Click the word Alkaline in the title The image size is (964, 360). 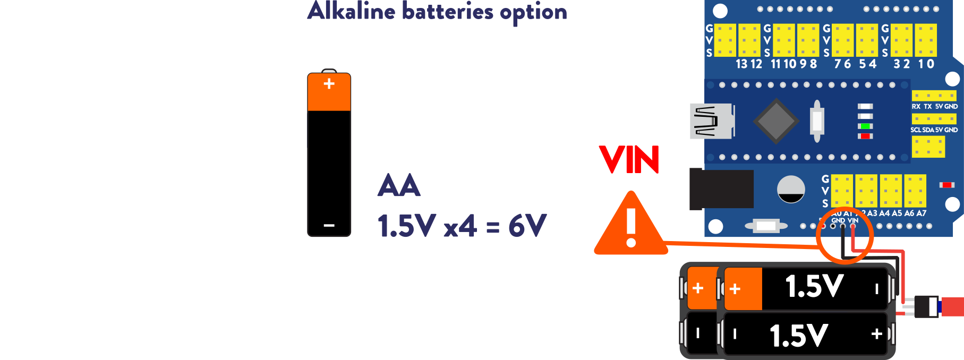[x=351, y=12]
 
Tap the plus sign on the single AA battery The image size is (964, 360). [x=329, y=83]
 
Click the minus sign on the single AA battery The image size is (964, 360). [x=329, y=225]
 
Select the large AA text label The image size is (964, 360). [x=399, y=186]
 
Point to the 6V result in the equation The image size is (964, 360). [x=527, y=226]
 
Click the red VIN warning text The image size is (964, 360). [x=629, y=160]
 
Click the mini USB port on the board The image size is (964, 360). [x=712, y=121]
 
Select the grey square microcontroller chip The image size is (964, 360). [x=776, y=121]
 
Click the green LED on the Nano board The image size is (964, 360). [x=866, y=126]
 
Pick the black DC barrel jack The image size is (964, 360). [x=721, y=188]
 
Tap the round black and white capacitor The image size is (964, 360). [x=791, y=190]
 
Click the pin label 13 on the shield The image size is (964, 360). [x=741, y=64]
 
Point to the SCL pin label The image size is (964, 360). [x=916, y=130]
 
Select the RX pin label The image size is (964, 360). [x=916, y=107]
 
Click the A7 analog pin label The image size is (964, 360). [x=922, y=213]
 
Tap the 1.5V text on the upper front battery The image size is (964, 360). [x=814, y=287]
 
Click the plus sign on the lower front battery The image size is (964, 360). [x=876, y=334]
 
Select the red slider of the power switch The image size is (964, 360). [x=952, y=307]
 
